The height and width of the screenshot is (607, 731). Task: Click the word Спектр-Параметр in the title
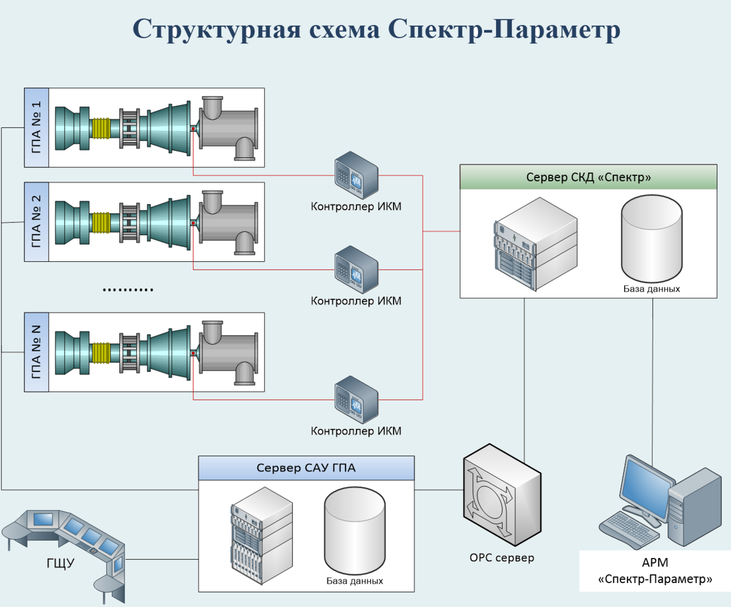coord(504,29)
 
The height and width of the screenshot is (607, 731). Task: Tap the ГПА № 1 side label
coord(37,127)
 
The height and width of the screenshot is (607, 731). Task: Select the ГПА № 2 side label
coord(37,222)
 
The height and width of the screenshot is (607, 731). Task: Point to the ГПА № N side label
coord(37,352)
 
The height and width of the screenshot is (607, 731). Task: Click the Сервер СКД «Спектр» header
coord(588,177)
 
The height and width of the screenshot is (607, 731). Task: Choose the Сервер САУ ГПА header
coord(306,468)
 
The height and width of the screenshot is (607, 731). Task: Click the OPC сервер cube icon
coord(503,495)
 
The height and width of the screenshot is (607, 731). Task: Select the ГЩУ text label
coord(61,563)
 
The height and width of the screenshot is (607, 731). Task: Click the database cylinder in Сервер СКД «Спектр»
coord(652,238)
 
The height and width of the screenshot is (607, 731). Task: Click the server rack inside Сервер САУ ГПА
coord(262,536)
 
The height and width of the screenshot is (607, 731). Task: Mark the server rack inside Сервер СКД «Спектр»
coord(536,244)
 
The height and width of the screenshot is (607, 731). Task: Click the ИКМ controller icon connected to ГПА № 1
coord(356,175)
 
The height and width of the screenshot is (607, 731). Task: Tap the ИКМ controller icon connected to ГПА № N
coord(356,400)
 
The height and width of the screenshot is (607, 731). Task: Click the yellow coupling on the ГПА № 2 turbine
coord(101,222)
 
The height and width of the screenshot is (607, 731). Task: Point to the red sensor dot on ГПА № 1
coord(193,129)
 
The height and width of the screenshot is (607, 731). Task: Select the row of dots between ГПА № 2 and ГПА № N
coord(128,290)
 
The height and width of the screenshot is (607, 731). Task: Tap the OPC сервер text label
coord(502,558)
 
